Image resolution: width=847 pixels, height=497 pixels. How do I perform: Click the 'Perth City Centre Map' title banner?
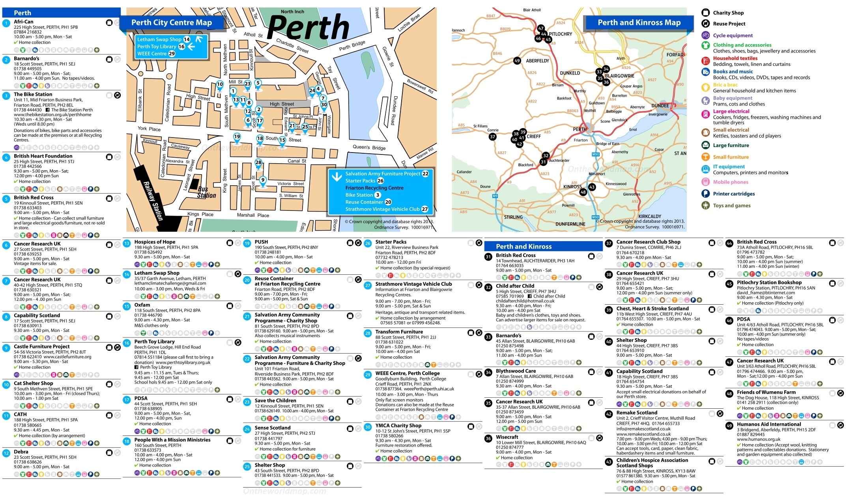coord(171,23)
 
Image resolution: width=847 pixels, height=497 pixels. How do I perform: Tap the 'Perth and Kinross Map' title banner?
coord(639,23)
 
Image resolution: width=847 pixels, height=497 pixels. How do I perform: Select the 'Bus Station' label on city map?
coord(206,192)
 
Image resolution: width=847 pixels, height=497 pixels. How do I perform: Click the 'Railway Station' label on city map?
coord(153,201)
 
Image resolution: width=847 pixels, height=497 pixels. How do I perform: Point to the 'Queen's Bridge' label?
coord(368,147)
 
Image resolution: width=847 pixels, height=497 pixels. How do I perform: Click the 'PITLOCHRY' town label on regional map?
coord(561,34)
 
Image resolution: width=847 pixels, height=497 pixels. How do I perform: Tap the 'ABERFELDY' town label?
coord(537,61)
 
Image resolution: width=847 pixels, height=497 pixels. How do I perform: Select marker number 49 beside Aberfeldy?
coord(517,61)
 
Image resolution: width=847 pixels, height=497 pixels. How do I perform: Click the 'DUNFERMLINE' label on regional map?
coord(570,224)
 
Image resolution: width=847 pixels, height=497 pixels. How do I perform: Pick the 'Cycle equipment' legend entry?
coord(733,35)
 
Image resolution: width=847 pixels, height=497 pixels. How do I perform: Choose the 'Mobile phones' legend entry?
coord(730,182)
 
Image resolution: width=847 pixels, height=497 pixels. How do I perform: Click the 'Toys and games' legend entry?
coord(731,205)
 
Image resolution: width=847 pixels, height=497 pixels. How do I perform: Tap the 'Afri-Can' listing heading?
coord(24,22)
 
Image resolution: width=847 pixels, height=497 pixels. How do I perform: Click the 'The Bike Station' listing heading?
coord(33,94)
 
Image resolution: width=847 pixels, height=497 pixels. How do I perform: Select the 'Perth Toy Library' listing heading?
coord(154,342)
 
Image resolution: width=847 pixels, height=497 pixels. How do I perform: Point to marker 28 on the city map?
coord(258,162)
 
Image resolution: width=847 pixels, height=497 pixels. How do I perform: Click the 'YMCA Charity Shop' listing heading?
coord(398,426)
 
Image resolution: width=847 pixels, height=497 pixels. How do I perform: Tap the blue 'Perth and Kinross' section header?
coord(523,246)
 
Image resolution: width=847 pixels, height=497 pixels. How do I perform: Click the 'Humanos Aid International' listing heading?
coord(769,424)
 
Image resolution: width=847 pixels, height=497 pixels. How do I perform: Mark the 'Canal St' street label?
coord(297,161)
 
